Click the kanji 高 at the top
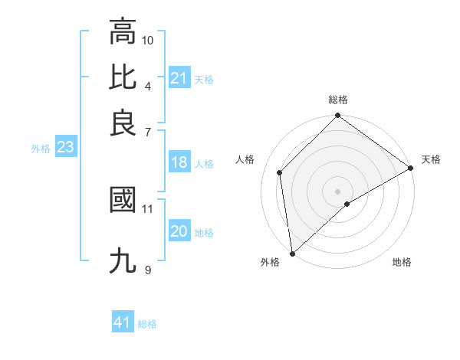point(123,32)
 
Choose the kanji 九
point(123,260)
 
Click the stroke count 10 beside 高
point(148,40)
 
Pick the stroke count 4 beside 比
point(147,85)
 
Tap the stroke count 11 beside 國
point(148,208)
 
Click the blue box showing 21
point(179,78)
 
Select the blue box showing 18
point(179,162)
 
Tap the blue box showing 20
point(179,231)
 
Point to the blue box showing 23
point(65,147)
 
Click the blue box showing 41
point(123,322)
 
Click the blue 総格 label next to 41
point(147,324)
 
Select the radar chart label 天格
point(431,159)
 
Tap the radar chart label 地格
point(402,262)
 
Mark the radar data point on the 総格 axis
point(337,116)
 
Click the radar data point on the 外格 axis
point(292,253)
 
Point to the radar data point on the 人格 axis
point(280,172)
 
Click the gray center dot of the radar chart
point(337,191)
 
